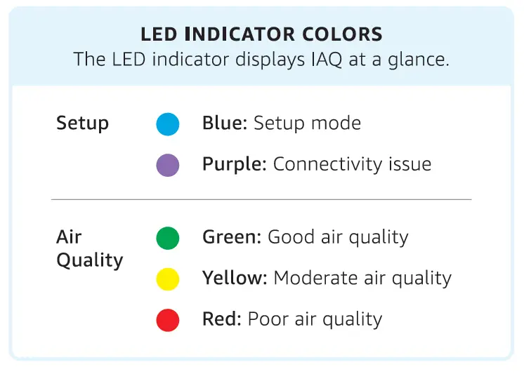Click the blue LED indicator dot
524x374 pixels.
click(168, 124)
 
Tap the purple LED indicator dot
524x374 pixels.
click(168, 166)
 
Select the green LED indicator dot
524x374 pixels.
click(168, 238)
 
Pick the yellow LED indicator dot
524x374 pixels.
click(168, 279)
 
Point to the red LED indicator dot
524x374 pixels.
click(168, 321)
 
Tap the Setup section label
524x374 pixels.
click(82, 123)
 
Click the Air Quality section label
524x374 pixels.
click(89, 248)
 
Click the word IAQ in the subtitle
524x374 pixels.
click(328, 59)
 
